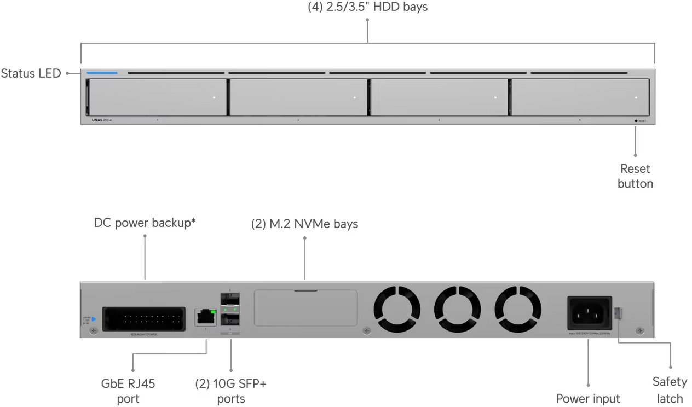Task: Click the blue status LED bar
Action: click(x=102, y=72)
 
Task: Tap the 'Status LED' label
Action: click(x=31, y=73)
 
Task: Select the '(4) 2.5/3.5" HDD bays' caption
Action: click(x=367, y=7)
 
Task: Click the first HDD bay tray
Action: click(x=157, y=97)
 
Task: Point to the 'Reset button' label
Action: click(x=635, y=176)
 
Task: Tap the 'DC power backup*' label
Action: click(x=145, y=223)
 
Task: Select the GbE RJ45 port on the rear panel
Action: click(x=206, y=317)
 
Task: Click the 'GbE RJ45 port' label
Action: click(x=128, y=391)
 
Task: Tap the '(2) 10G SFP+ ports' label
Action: click(x=231, y=391)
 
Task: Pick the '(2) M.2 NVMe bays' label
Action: click(x=304, y=224)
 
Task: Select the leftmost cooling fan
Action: click(x=397, y=309)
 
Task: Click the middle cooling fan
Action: click(x=458, y=309)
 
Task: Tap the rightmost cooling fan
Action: click(x=518, y=309)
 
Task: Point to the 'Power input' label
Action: click(x=588, y=398)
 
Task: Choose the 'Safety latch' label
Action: click(x=670, y=390)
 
